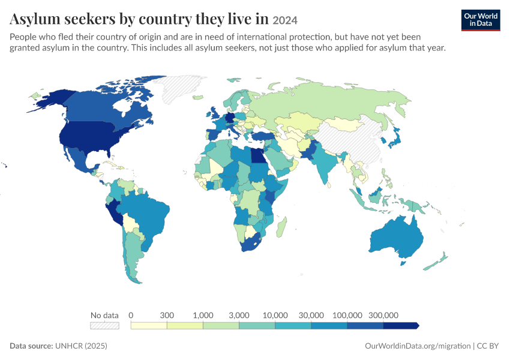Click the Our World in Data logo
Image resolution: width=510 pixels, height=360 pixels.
[x=481, y=20]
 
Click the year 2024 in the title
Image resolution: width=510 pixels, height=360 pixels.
[x=285, y=20]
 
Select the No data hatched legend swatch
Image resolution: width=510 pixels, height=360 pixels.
[x=104, y=326]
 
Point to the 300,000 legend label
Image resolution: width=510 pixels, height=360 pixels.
[x=383, y=315]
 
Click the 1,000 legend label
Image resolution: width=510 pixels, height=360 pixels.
[x=203, y=315]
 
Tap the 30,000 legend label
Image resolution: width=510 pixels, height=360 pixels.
[x=311, y=315]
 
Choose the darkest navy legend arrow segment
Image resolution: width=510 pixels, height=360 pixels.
[x=401, y=326]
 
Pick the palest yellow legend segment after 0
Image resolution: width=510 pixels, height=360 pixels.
[x=149, y=326]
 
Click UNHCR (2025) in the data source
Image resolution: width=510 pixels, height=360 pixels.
[x=81, y=346]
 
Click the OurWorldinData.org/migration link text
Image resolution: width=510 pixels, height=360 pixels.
[x=418, y=346]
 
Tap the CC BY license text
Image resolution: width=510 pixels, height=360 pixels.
[x=488, y=346]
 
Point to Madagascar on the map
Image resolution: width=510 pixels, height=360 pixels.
[x=281, y=227]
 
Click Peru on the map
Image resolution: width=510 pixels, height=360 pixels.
[x=114, y=212]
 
